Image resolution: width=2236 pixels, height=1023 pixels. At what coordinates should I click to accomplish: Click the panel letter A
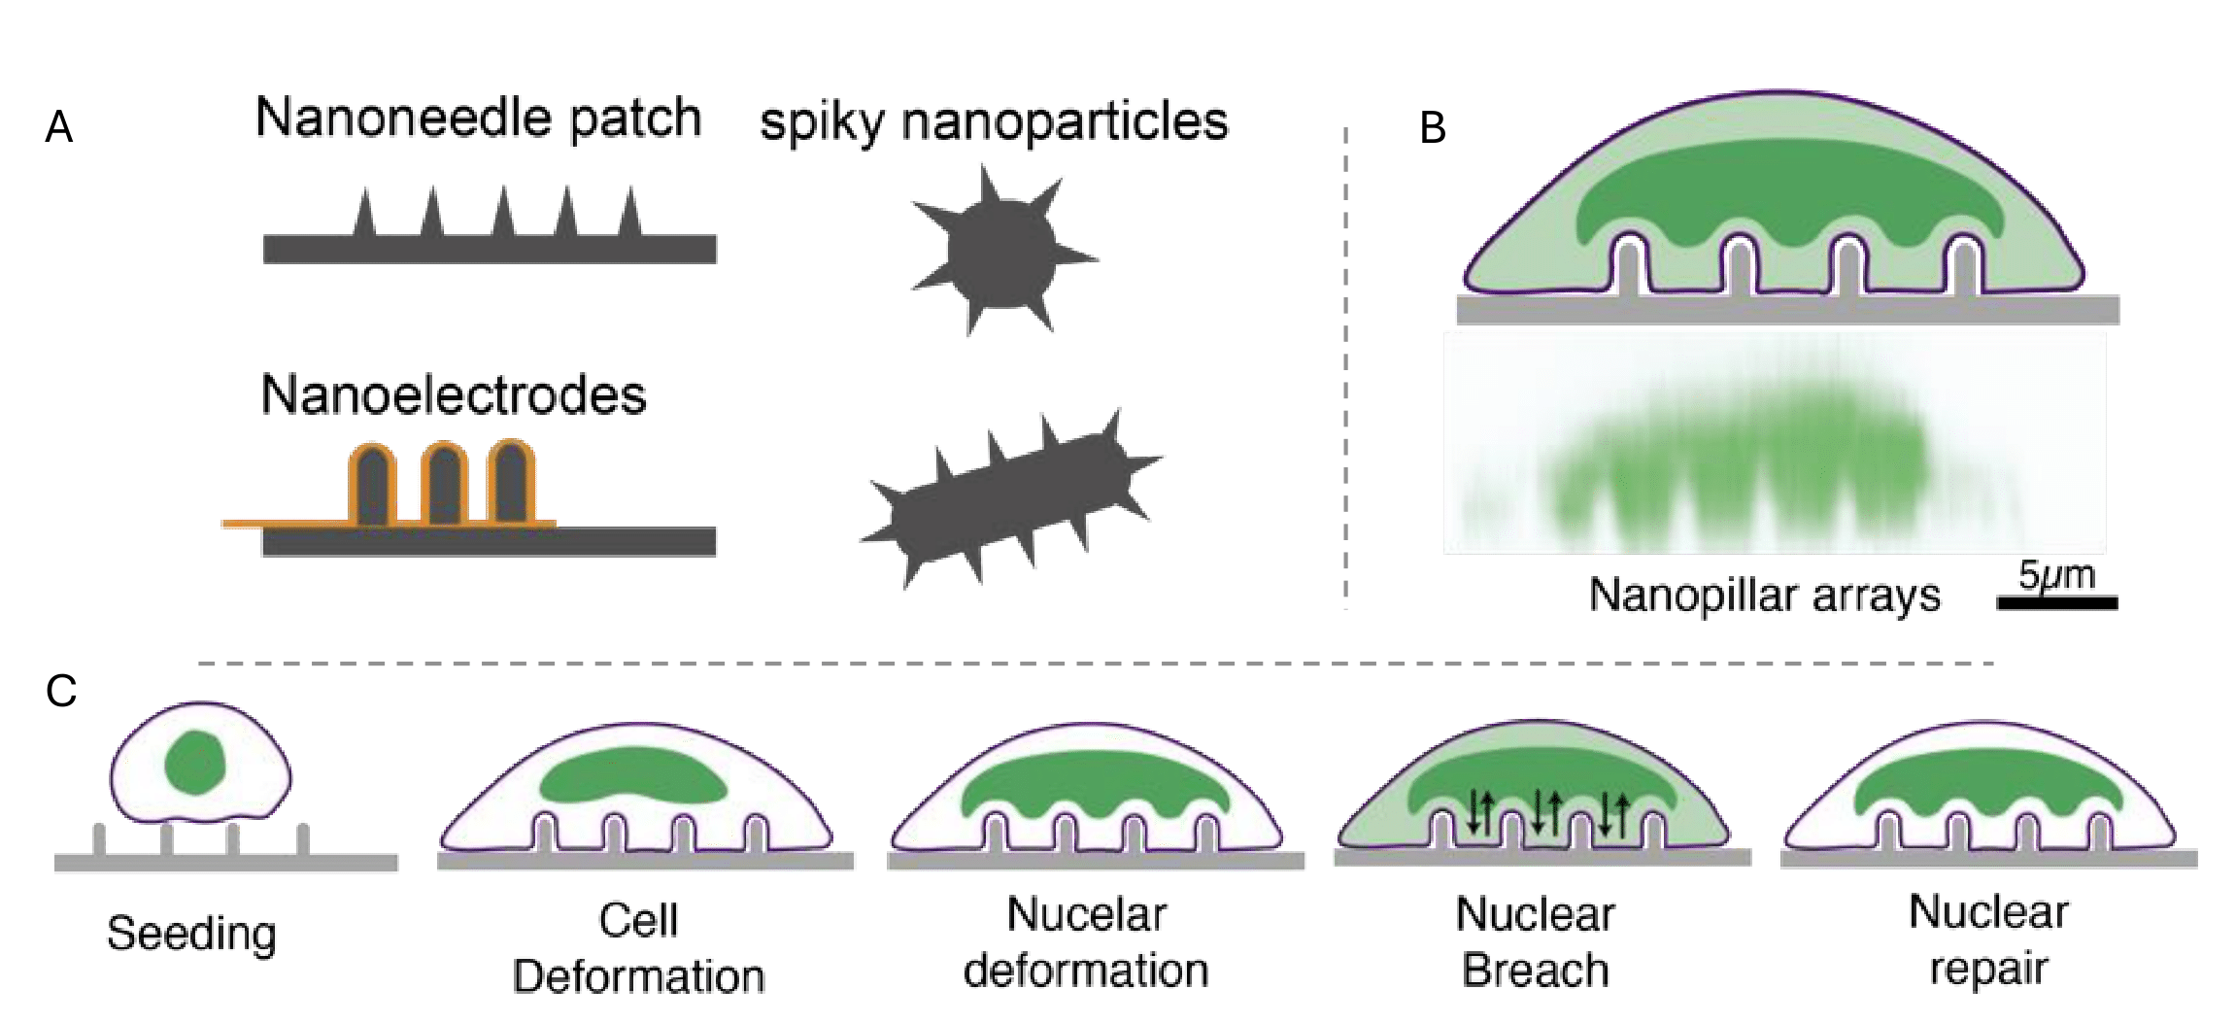(59, 127)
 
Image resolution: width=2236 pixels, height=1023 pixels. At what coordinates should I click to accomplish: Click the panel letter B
(1433, 128)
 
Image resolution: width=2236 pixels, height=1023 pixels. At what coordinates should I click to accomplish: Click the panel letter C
(60, 691)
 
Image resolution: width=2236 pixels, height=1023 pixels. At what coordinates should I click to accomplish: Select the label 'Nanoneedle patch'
(478, 119)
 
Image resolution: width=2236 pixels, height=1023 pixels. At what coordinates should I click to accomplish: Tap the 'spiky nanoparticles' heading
(994, 123)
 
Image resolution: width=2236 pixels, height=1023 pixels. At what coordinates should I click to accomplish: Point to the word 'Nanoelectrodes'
(454, 395)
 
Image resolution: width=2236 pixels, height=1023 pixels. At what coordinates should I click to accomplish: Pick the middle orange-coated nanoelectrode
(445, 483)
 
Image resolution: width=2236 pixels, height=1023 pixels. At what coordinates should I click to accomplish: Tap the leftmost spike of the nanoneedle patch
(364, 214)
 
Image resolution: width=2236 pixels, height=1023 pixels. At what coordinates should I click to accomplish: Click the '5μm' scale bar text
(2056, 575)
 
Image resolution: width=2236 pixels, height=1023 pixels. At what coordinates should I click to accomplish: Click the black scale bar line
(2056, 603)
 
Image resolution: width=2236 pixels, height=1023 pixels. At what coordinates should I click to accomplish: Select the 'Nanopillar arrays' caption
(1764, 595)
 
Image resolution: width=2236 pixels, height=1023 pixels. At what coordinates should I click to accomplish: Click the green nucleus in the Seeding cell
(195, 763)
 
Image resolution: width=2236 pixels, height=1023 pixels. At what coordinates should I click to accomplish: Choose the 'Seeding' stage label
(191, 933)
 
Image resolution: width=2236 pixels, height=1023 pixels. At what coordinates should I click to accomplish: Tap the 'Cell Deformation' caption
(638, 947)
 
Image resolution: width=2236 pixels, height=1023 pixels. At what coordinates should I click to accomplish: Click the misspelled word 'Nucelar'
(1086, 914)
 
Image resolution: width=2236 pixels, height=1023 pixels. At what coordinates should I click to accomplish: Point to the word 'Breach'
(1535, 970)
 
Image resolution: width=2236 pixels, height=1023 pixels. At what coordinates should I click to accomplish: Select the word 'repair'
(1988, 969)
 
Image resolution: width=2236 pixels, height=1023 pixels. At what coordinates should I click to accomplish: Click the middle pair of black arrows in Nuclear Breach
(1546, 812)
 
